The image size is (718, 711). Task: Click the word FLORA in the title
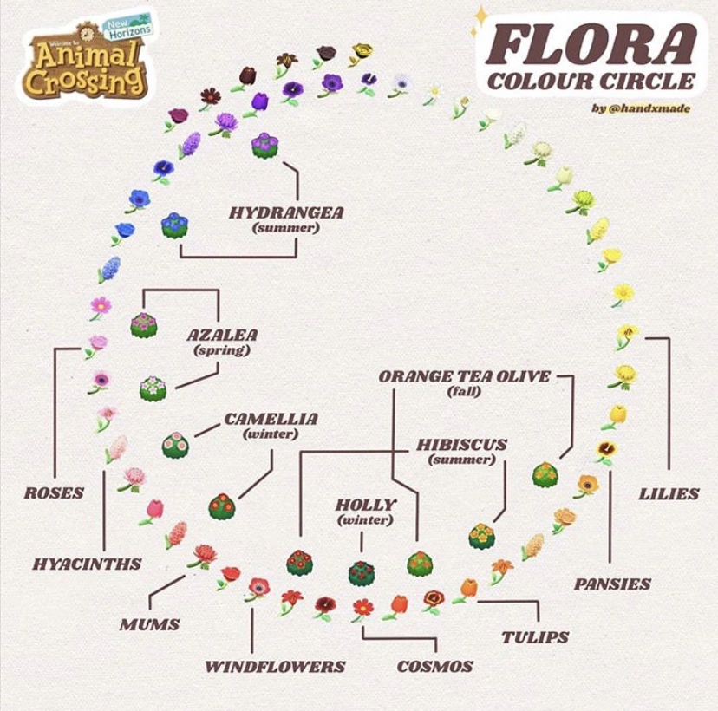click(x=590, y=45)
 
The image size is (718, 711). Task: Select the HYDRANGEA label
click(x=286, y=212)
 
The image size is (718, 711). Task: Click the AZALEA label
click(x=223, y=334)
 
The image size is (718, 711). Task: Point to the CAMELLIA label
click(x=271, y=419)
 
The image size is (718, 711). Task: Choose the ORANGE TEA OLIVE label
click(x=464, y=376)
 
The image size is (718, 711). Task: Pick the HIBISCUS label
click(x=461, y=444)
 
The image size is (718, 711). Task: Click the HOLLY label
click(x=365, y=504)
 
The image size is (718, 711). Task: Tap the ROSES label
click(x=54, y=492)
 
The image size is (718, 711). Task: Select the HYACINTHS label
click(x=87, y=564)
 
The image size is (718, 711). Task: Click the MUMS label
click(x=150, y=623)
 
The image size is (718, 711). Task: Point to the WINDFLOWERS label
click(x=275, y=666)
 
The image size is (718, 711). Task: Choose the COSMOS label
click(x=435, y=666)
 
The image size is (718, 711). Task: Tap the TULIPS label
click(x=535, y=636)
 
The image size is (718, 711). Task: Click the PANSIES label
click(x=612, y=584)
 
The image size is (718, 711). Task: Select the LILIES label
click(x=669, y=493)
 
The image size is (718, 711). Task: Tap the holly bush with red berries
click(x=361, y=572)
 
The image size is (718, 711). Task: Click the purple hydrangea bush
click(x=264, y=145)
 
